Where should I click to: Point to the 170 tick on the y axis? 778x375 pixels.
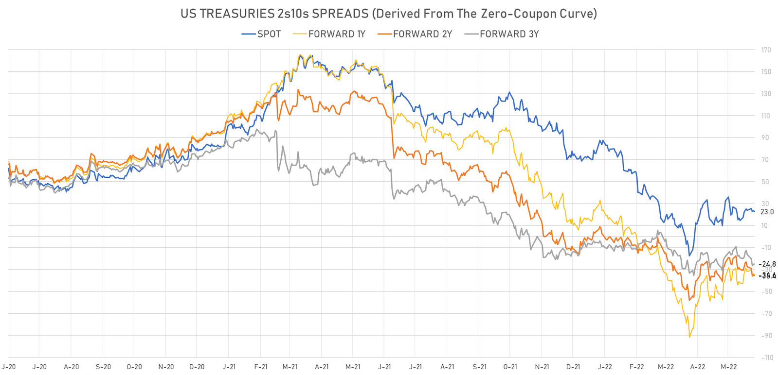pos(766,50)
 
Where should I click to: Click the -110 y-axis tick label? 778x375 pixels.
pos(767,358)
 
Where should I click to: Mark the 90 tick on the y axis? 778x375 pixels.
pos(765,138)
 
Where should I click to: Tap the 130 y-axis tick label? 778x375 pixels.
pos(766,94)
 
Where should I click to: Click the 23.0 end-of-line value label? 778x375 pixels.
pos(767,212)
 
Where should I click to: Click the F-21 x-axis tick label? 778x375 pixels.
pos(261,367)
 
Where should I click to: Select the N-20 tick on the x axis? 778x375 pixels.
pos(166,367)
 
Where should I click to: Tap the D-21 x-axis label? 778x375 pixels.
pos(573,367)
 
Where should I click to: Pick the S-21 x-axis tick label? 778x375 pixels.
pos(479,367)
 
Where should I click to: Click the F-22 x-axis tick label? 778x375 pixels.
pos(636,367)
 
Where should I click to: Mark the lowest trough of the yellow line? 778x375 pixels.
pos(689,337)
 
